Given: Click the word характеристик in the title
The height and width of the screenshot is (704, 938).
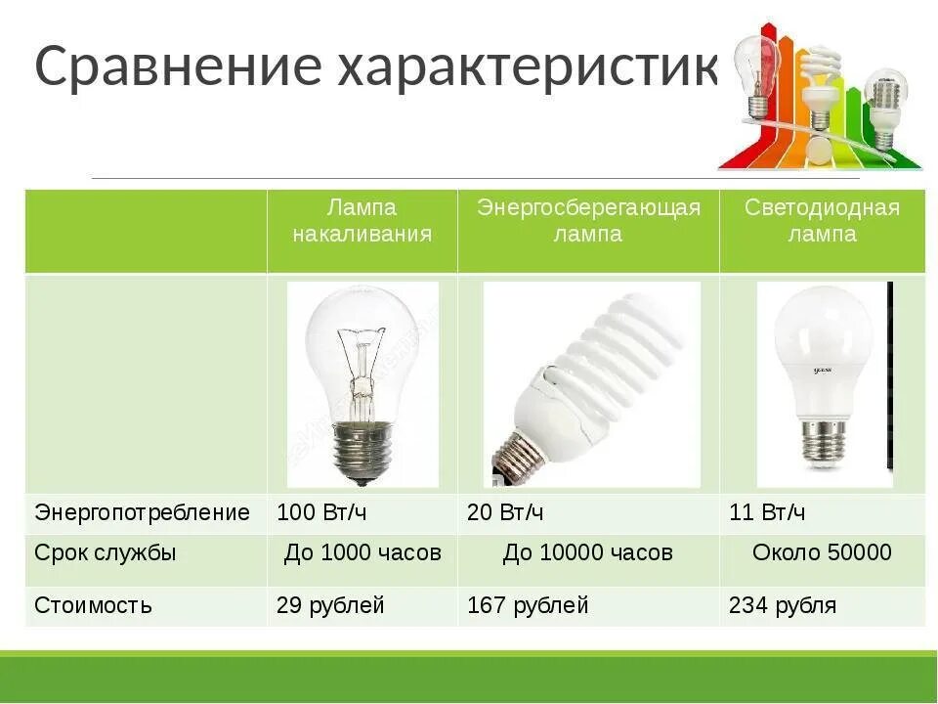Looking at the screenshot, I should (x=528, y=66).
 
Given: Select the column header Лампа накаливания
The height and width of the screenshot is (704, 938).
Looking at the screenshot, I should (x=362, y=221).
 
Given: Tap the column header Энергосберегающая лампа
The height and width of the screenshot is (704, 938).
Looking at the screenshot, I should (x=588, y=221).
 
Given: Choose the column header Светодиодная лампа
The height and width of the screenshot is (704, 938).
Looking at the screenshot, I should (x=822, y=221).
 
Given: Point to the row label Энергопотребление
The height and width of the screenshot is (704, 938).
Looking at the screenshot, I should (x=143, y=512).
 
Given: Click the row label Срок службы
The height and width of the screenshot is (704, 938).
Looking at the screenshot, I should (x=106, y=552).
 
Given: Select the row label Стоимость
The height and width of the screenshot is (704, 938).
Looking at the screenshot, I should (x=94, y=605).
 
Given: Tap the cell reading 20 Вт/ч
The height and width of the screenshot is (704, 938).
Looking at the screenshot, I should (x=506, y=512).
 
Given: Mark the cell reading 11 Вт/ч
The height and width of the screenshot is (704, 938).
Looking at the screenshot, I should (x=767, y=512).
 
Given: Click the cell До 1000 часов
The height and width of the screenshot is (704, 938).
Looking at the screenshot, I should (x=362, y=552).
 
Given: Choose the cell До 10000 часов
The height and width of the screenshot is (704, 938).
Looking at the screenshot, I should (x=588, y=552).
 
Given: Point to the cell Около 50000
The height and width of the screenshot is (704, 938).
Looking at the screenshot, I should (x=822, y=552).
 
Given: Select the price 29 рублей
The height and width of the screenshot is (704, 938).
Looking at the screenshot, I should (x=330, y=605).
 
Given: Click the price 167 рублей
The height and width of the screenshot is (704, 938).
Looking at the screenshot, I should (x=528, y=605).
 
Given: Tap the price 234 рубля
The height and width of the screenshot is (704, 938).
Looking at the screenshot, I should (x=783, y=605).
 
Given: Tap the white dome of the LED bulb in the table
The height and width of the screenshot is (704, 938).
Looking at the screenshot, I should (x=822, y=342).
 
